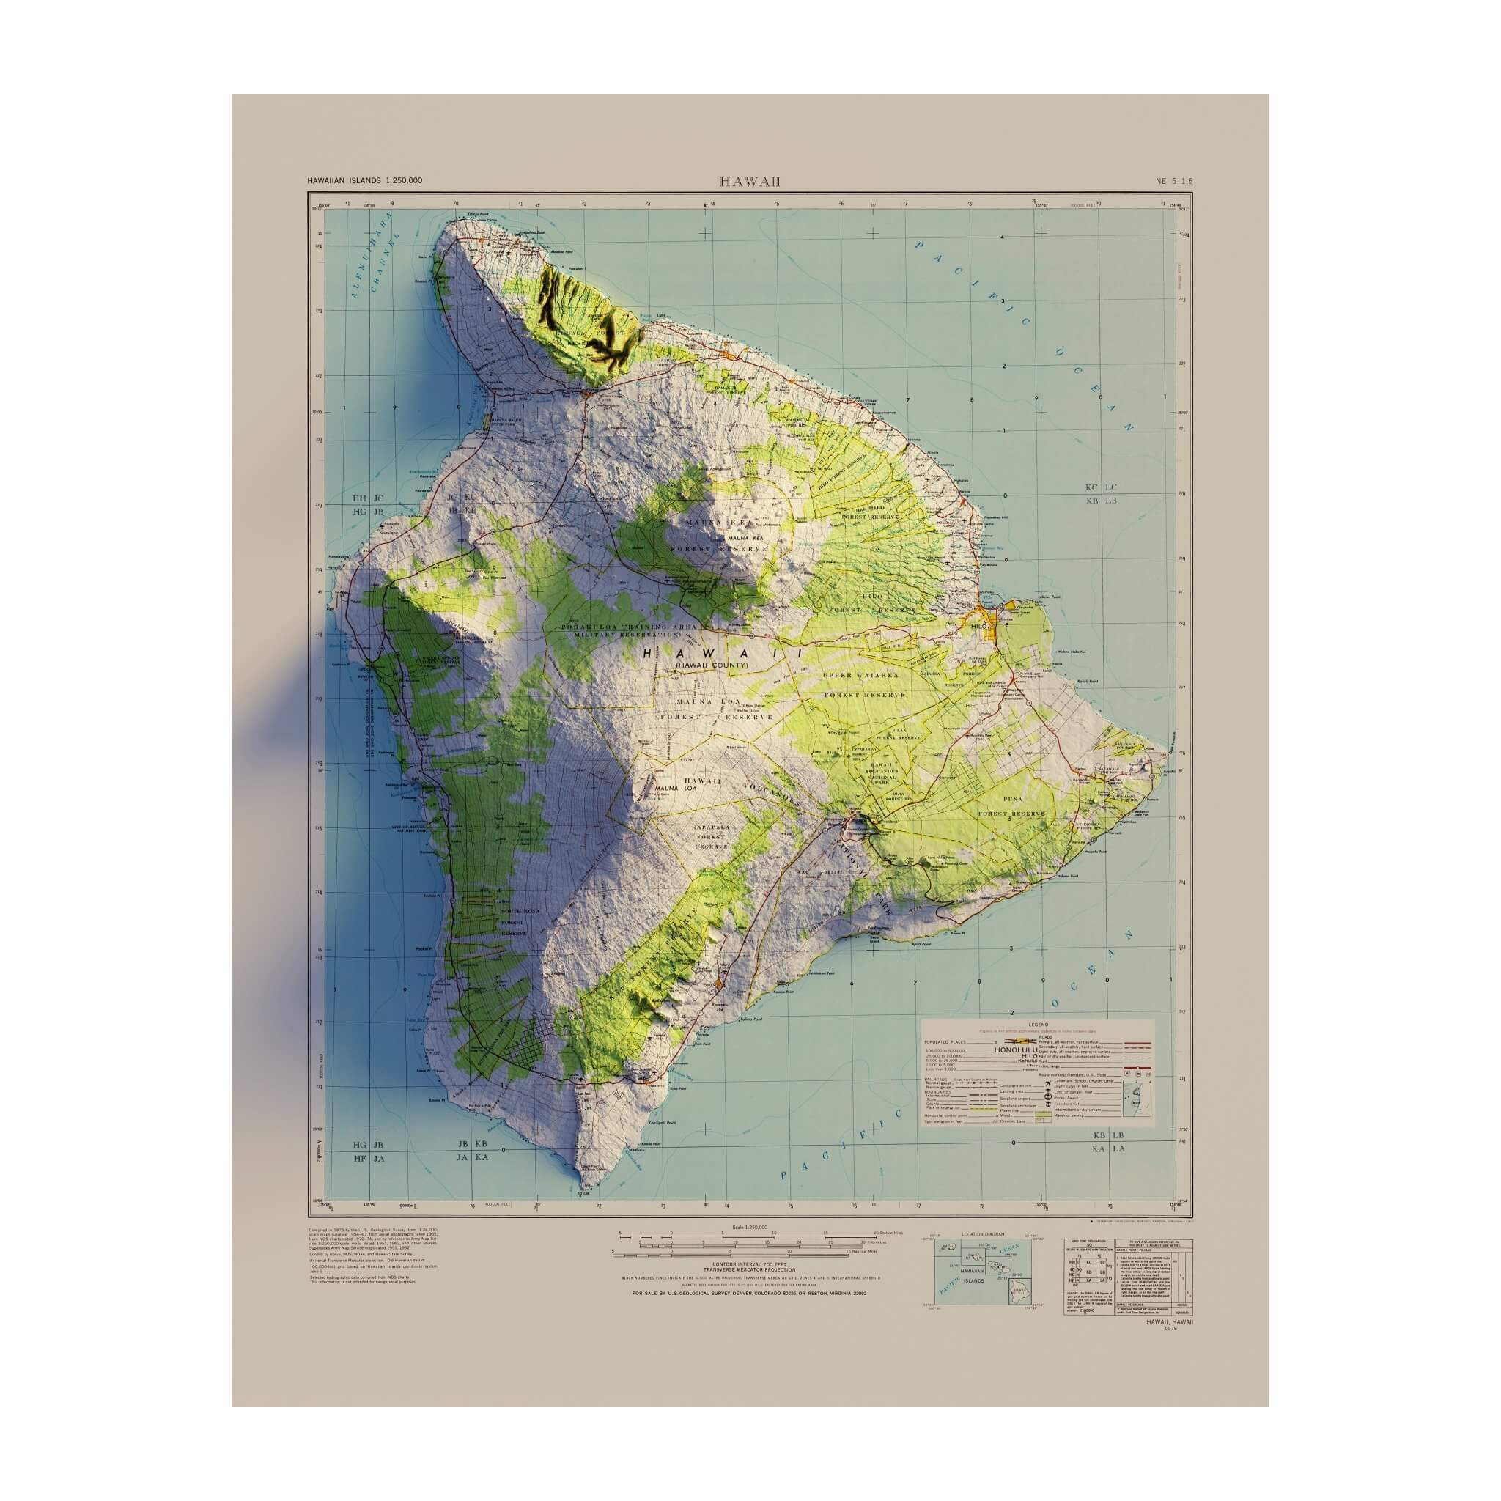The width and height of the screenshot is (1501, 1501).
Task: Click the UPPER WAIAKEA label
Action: (x=853, y=676)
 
